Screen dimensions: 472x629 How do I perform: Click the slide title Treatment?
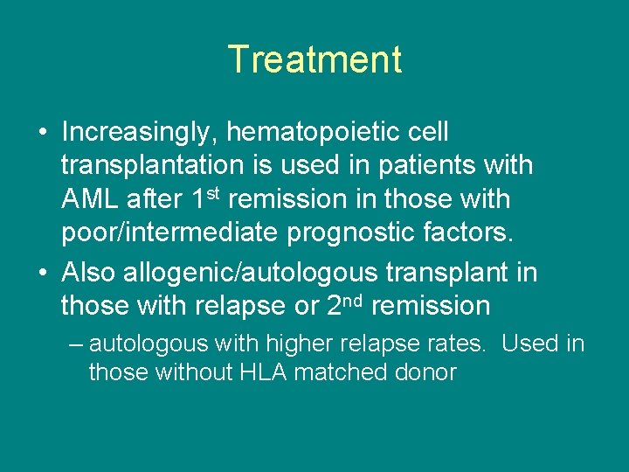tap(314, 59)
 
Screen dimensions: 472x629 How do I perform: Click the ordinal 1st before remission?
tap(208, 198)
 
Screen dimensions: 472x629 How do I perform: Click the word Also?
tap(90, 273)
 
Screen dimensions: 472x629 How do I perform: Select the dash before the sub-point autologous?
tap(75, 344)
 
